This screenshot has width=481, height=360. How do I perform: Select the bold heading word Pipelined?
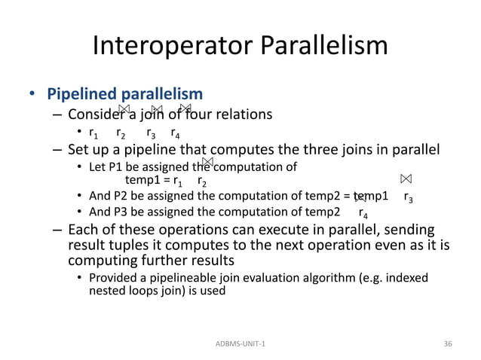coord(80,95)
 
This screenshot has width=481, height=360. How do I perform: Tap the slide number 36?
coord(449,343)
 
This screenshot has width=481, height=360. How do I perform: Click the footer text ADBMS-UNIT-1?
coord(240,343)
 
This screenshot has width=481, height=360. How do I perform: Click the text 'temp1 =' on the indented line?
coord(147,181)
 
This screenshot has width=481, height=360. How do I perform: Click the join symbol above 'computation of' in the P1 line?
coord(209,161)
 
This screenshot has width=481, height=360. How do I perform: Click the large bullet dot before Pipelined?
coord(33,96)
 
